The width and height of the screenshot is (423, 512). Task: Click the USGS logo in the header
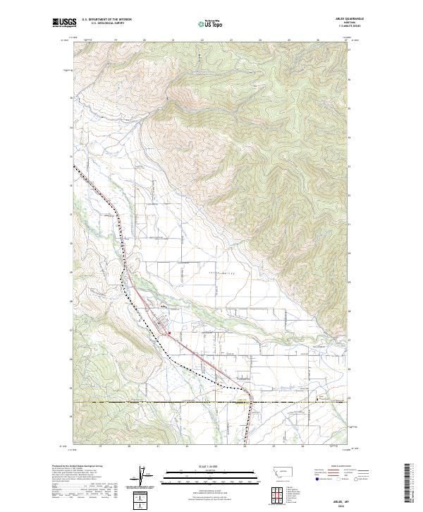coord(64,23)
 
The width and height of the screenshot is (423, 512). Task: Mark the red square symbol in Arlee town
coord(170,335)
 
